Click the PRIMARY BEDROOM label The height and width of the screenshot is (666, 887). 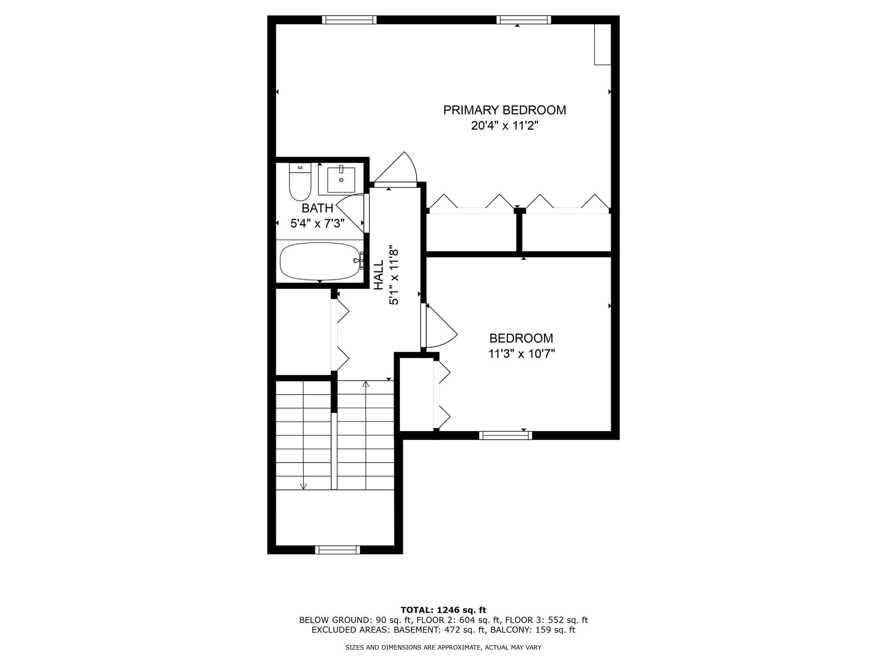click(x=504, y=110)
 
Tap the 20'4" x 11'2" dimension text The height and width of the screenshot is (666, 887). click(x=504, y=126)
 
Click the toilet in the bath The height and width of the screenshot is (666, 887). click(x=300, y=182)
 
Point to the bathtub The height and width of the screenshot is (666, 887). click(x=320, y=261)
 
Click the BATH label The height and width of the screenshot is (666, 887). click(x=317, y=209)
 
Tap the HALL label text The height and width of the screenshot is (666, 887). click(x=379, y=275)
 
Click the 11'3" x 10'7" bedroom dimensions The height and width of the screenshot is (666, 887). click(x=521, y=354)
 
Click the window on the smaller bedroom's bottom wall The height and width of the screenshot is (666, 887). click(x=505, y=435)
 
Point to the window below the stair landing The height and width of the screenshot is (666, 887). click(x=337, y=550)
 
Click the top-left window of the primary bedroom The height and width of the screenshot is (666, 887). click(x=349, y=20)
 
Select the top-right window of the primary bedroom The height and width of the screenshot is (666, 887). click(x=523, y=20)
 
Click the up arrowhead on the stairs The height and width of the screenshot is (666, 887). click(x=366, y=384)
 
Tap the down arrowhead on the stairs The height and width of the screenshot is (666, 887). click(x=303, y=486)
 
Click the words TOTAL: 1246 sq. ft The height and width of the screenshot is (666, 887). click(x=443, y=610)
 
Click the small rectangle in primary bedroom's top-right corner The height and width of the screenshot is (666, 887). click(x=602, y=44)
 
